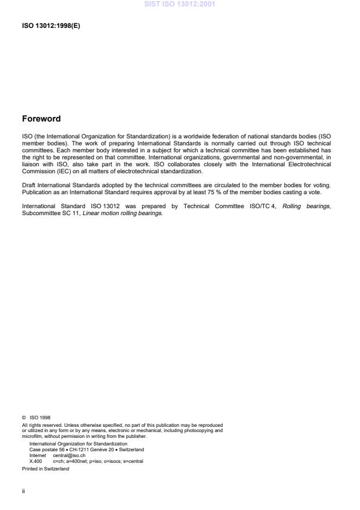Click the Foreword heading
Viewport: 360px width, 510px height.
click(41, 119)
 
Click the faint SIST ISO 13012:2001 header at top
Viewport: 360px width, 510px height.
click(180, 5)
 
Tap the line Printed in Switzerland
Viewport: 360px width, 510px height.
click(45, 468)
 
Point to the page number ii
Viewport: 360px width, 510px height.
click(23, 490)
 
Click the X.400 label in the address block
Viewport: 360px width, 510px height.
click(35, 461)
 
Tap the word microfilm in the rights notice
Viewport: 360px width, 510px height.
click(32, 436)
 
